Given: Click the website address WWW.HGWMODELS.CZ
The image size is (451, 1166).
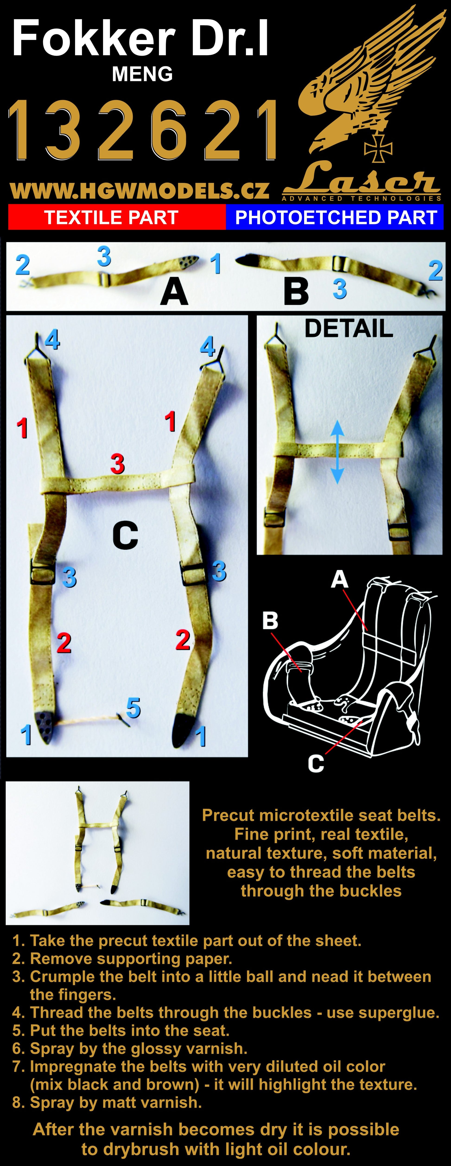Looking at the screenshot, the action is click(139, 191).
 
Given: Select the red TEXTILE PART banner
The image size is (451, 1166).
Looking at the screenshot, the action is click(117, 218).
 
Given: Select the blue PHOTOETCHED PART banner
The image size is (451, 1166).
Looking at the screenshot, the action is click(335, 218).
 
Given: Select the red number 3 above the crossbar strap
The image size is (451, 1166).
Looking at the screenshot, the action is click(117, 464).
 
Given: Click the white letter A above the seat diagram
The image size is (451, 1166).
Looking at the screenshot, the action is click(340, 579).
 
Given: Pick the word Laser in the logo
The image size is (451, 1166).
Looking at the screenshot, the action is click(362, 179).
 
